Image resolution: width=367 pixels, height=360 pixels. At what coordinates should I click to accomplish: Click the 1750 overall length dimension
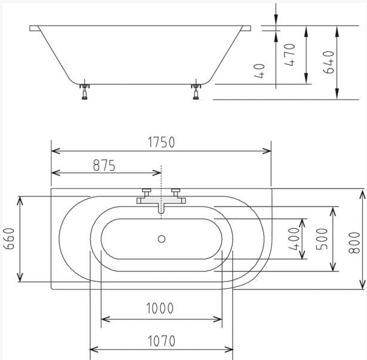(x=161, y=142)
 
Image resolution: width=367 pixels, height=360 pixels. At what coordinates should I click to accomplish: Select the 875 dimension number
(x=104, y=165)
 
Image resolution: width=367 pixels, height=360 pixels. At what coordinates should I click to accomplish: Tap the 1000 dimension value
(x=160, y=308)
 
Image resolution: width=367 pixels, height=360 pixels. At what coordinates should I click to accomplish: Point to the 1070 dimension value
(x=162, y=341)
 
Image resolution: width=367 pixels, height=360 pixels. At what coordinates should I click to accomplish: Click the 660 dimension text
(x=10, y=239)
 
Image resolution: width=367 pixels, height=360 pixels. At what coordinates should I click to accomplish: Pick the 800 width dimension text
(x=354, y=242)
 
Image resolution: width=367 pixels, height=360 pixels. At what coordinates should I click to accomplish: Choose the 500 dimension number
(x=322, y=239)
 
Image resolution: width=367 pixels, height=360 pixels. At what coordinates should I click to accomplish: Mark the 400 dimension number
(x=294, y=239)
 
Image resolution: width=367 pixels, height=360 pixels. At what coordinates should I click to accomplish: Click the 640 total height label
(x=328, y=62)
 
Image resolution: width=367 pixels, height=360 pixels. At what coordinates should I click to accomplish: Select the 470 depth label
(x=289, y=55)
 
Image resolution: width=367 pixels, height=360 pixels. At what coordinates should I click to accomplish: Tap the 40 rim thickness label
(x=260, y=70)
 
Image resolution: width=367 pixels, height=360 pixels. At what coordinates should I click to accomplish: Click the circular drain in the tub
(x=162, y=239)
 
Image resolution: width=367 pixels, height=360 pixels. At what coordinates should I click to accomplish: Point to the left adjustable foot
(x=85, y=91)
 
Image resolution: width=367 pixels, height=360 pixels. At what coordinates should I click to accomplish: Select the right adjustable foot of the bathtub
(x=196, y=91)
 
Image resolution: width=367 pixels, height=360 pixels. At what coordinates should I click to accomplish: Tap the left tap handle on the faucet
(x=147, y=192)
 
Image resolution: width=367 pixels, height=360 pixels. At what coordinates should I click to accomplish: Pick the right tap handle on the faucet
(x=176, y=192)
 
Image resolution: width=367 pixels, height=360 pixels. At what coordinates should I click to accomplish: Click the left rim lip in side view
(x=35, y=28)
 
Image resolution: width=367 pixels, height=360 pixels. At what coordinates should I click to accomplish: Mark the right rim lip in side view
(x=246, y=28)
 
